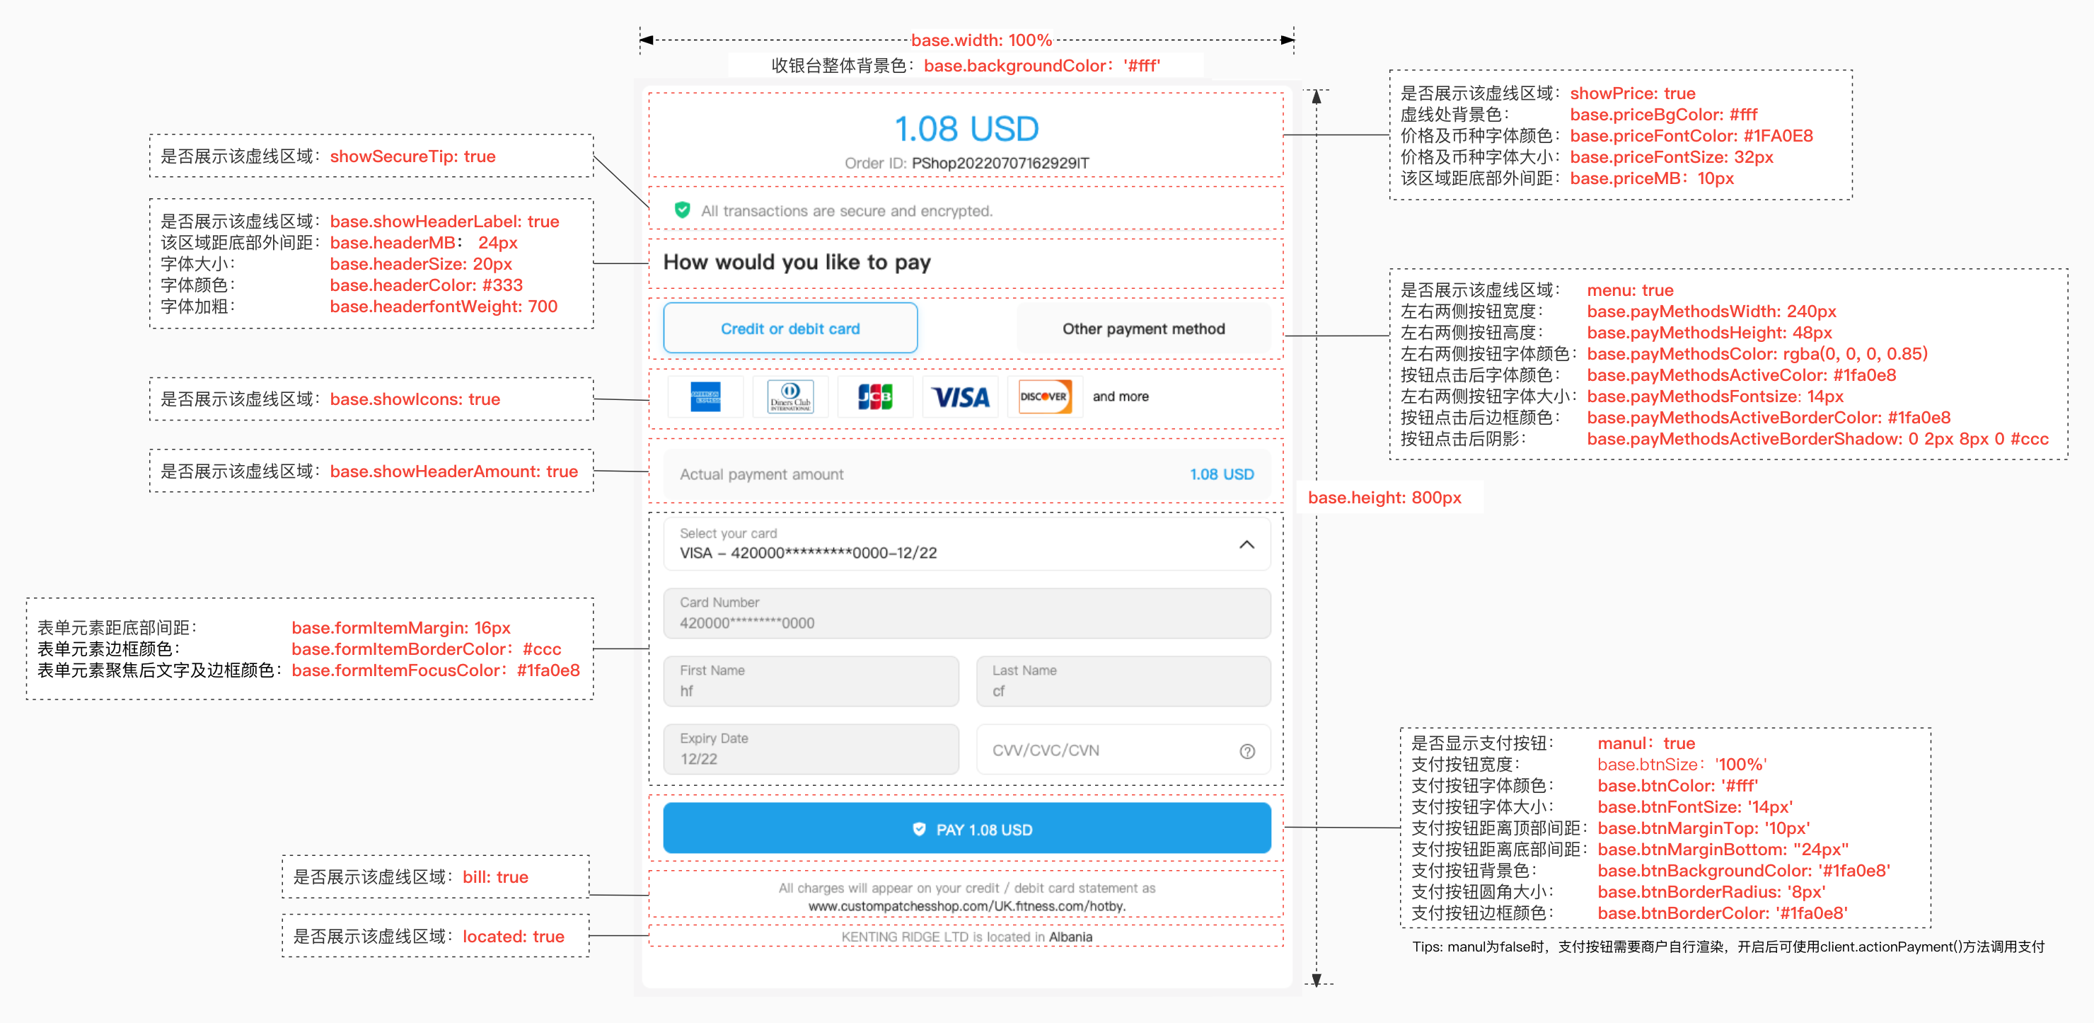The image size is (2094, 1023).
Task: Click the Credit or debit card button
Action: (x=789, y=328)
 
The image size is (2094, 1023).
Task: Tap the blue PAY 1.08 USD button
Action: (x=966, y=828)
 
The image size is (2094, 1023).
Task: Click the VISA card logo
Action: (x=960, y=398)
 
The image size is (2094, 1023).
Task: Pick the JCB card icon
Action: (x=874, y=397)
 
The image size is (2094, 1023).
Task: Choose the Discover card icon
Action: (x=1045, y=397)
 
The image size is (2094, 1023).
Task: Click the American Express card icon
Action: (x=705, y=397)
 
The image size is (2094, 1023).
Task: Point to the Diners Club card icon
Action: (x=789, y=397)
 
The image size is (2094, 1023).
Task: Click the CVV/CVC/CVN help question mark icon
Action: (x=1246, y=750)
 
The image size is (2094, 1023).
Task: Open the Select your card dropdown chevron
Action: (x=1246, y=544)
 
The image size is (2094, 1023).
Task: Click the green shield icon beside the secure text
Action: (x=682, y=210)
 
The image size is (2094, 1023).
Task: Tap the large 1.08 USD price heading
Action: (x=966, y=128)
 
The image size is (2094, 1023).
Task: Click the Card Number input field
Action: (x=966, y=613)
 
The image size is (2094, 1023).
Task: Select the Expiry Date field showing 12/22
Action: (x=811, y=749)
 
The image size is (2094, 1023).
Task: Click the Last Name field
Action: (x=1123, y=682)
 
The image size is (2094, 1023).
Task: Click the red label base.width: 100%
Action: (x=981, y=40)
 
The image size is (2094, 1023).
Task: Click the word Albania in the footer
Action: (x=1070, y=937)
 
